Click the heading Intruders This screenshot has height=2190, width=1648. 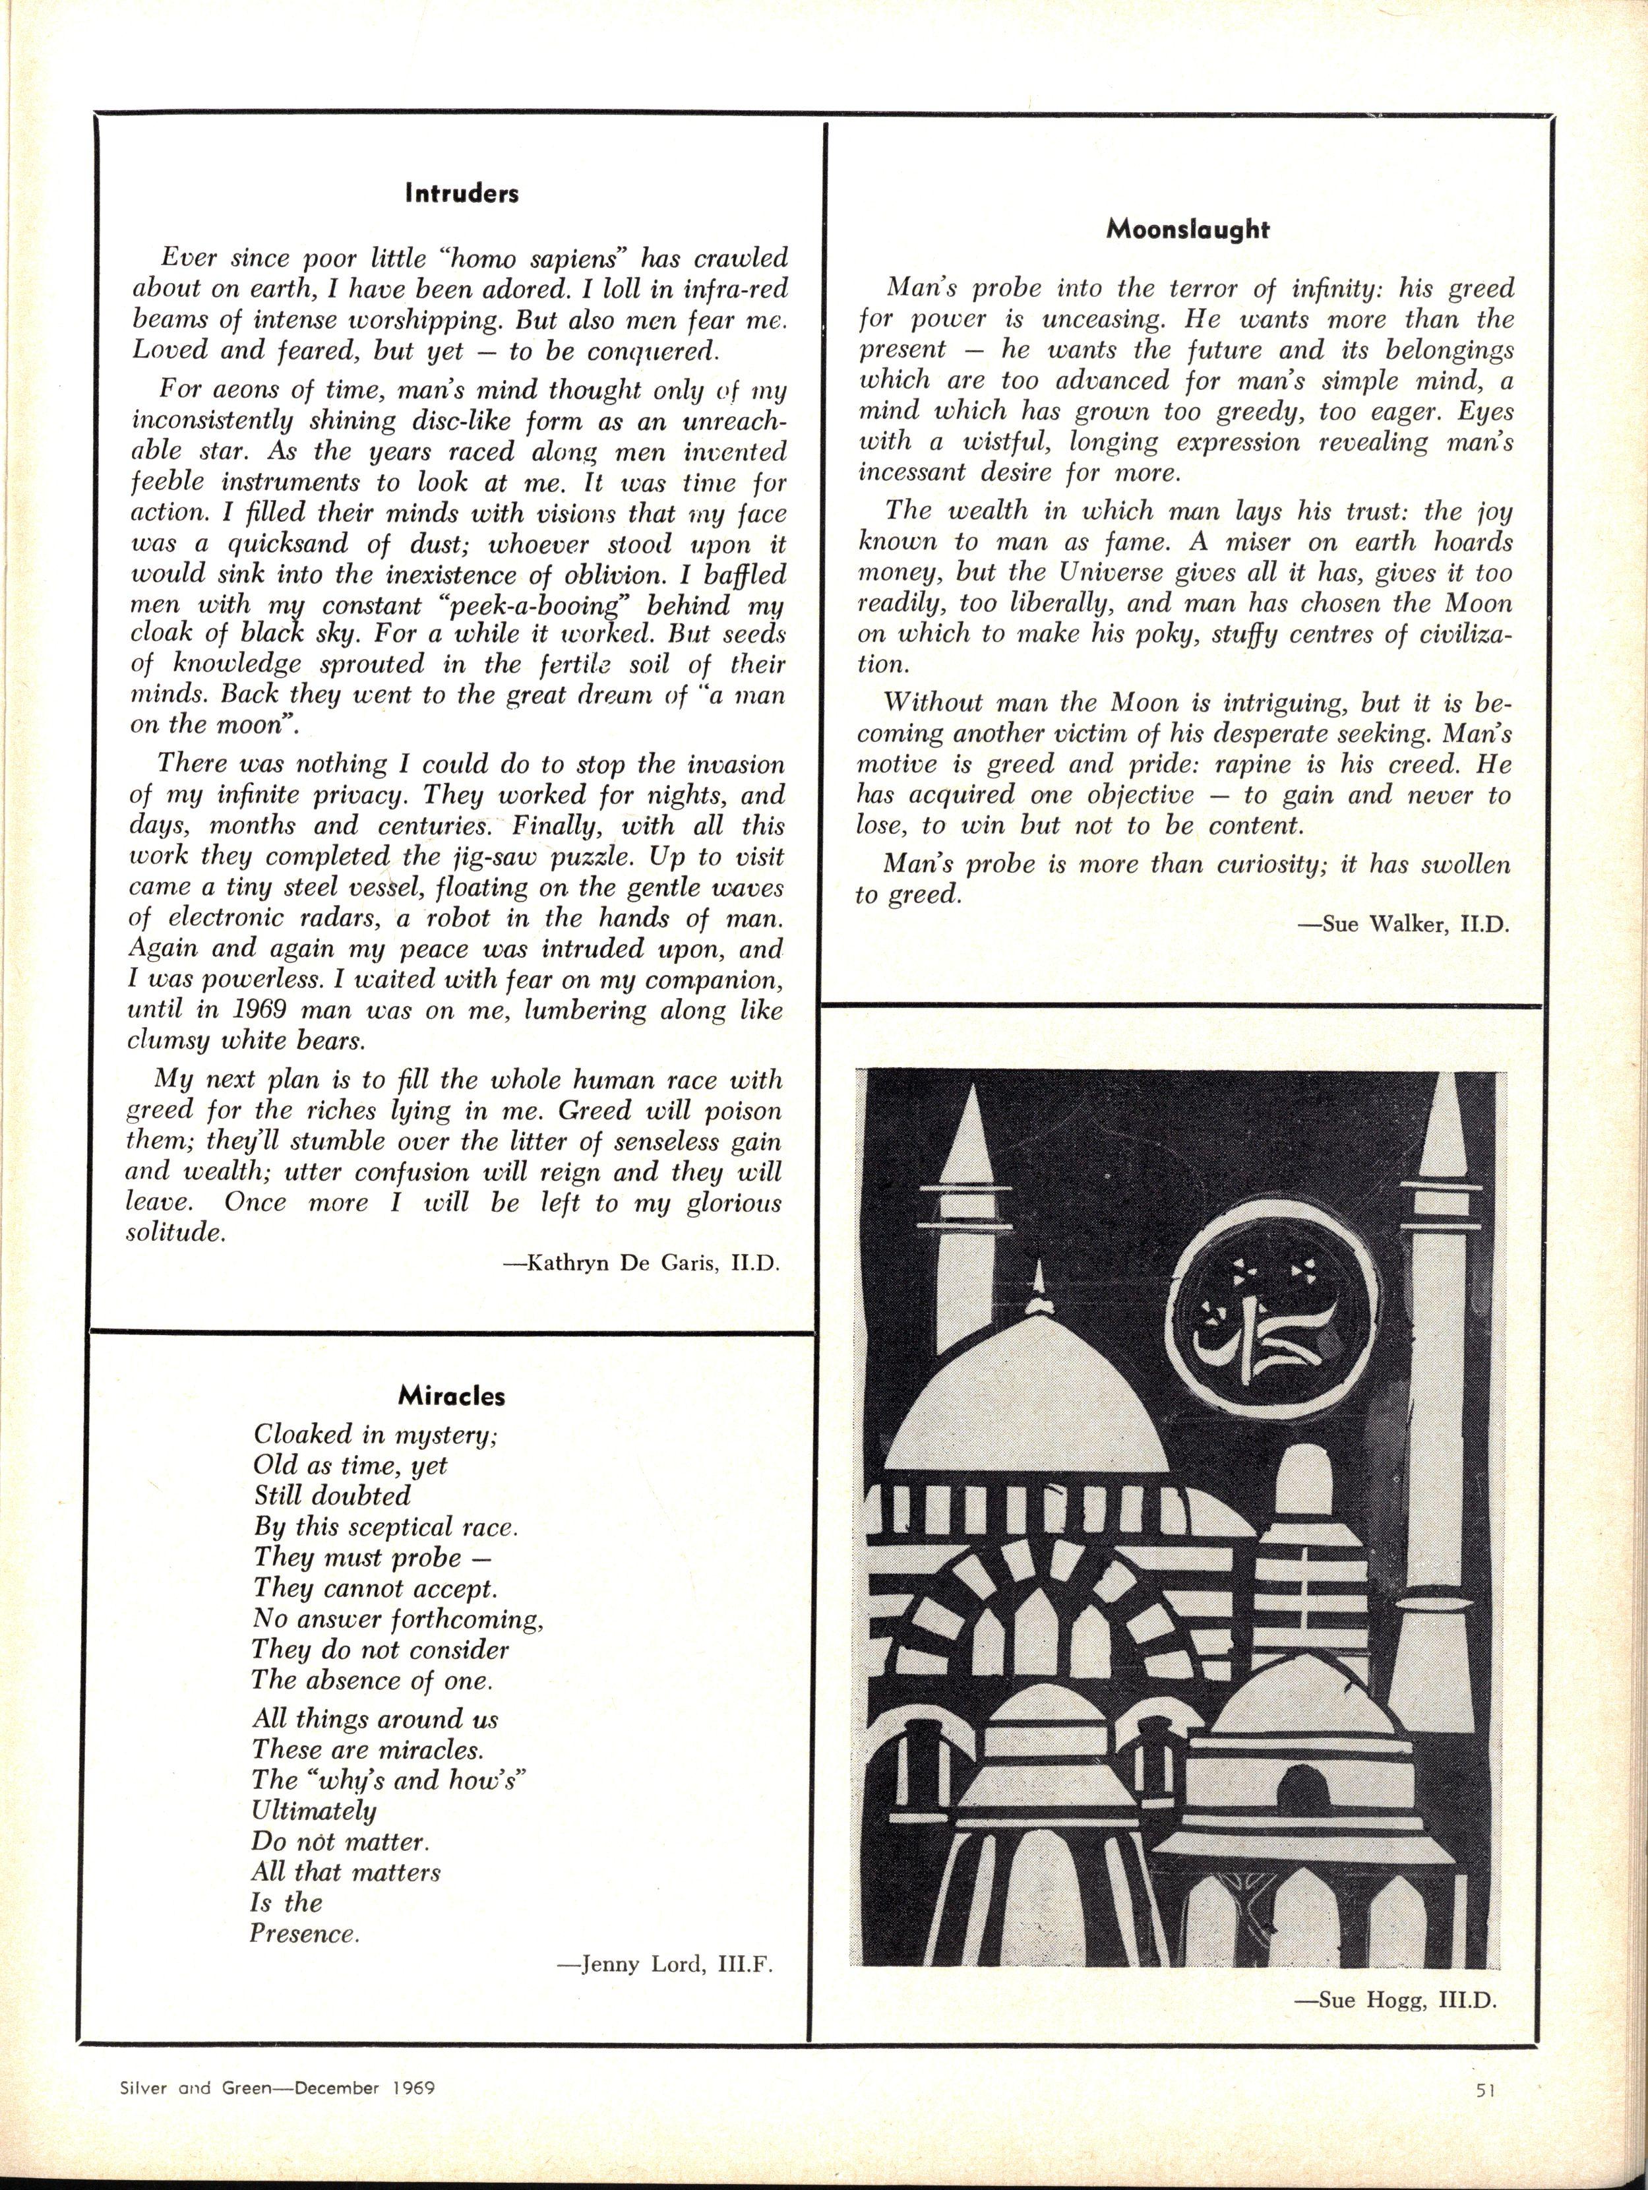click(461, 194)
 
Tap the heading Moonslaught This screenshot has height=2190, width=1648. click(1187, 230)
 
